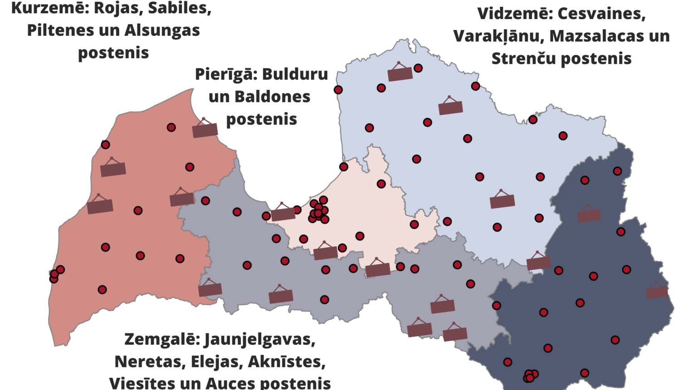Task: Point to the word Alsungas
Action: [x=162, y=30]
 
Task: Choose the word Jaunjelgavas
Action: [x=259, y=339]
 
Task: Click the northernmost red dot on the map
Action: [x=418, y=68]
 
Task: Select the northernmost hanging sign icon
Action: [x=400, y=73]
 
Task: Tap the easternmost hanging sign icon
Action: [x=657, y=292]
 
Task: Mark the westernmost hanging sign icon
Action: [x=100, y=206]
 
